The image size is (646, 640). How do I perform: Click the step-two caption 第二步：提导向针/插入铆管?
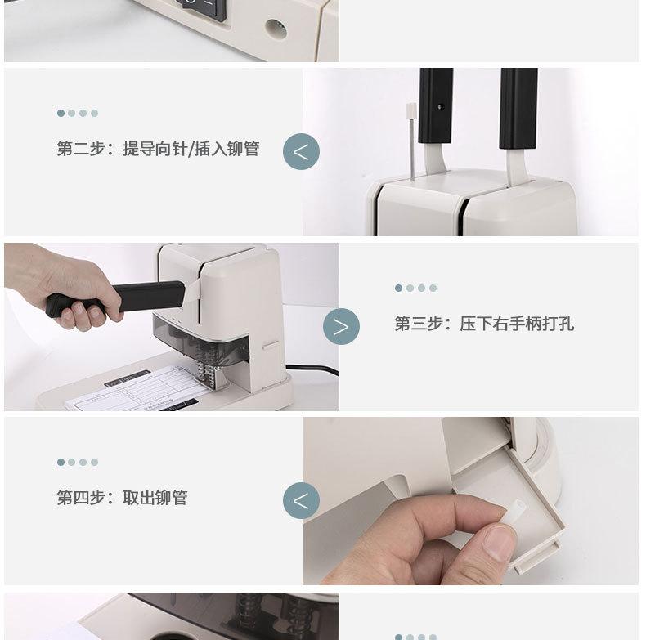click(x=158, y=149)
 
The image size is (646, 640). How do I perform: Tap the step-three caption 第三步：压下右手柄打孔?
click(x=484, y=324)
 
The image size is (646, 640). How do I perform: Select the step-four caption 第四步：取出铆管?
click(x=123, y=498)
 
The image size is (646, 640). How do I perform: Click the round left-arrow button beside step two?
click(x=301, y=151)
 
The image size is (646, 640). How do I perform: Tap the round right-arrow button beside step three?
click(x=341, y=327)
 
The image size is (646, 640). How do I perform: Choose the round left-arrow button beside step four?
click(x=301, y=501)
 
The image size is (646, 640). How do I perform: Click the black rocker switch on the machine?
click(x=204, y=8)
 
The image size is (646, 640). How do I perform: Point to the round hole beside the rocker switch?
click(x=276, y=29)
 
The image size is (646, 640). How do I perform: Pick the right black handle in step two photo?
click(x=518, y=108)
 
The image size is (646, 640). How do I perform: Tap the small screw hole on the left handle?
click(x=441, y=107)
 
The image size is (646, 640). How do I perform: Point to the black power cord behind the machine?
click(x=312, y=369)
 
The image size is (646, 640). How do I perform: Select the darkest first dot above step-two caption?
click(x=61, y=113)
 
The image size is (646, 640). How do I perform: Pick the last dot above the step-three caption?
click(x=433, y=288)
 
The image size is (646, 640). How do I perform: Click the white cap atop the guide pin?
click(x=410, y=110)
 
